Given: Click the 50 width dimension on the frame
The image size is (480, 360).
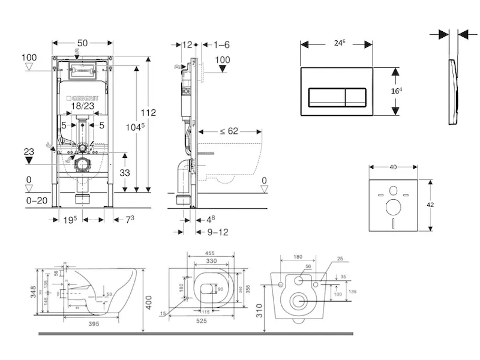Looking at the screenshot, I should pyautogui.click(x=82, y=43).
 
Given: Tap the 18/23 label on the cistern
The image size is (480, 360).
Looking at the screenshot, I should pyautogui.click(x=82, y=105).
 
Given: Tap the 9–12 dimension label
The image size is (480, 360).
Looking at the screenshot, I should pyautogui.click(x=216, y=232).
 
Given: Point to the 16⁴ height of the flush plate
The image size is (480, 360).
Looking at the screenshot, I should pyautogui.click(x=397, y=91).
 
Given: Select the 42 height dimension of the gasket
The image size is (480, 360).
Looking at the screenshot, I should pyautogui.click(x=430, y=204).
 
